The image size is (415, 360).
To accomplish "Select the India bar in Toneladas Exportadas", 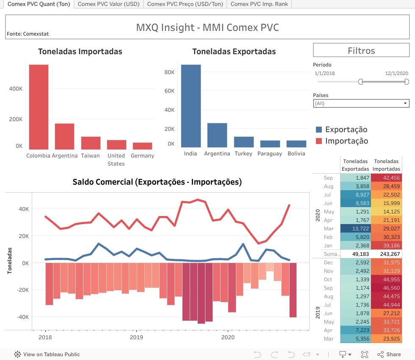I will point(191,106).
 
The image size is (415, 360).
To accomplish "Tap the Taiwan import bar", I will point(91,143).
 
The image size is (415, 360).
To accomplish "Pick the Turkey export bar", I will point(243,142).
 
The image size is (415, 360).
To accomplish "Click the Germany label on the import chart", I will point(142,156).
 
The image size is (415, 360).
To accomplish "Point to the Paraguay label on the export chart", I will point(269,154).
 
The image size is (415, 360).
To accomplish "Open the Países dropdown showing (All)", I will point(361,103).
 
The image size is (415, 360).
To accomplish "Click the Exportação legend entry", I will point(346,130).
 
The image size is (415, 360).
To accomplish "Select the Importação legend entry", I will point(346,141).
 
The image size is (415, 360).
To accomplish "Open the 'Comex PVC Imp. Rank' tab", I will point(259,4).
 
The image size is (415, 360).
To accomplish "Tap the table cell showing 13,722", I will point(356,229).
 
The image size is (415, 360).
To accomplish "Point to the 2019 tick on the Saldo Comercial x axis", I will point(136,338).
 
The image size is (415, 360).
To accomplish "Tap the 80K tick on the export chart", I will point(169,72).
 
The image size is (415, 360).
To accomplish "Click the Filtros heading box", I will point(361,51).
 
